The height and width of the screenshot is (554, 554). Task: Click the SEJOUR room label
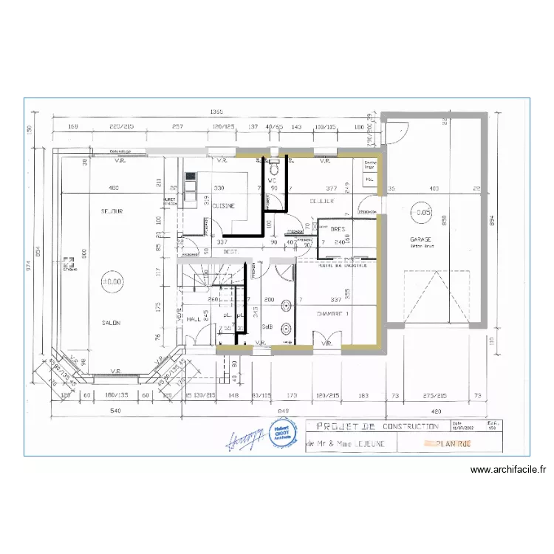112,211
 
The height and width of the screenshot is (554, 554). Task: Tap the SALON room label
112,323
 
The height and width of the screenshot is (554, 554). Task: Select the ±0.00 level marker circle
112,281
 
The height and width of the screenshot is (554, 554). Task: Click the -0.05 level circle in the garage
423,212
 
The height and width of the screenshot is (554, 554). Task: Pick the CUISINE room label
223,207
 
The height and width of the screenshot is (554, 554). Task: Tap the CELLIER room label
322,201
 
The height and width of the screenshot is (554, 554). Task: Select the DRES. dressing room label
338,229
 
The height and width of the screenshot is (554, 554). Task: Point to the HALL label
194,319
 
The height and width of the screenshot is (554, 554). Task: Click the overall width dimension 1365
216,112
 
